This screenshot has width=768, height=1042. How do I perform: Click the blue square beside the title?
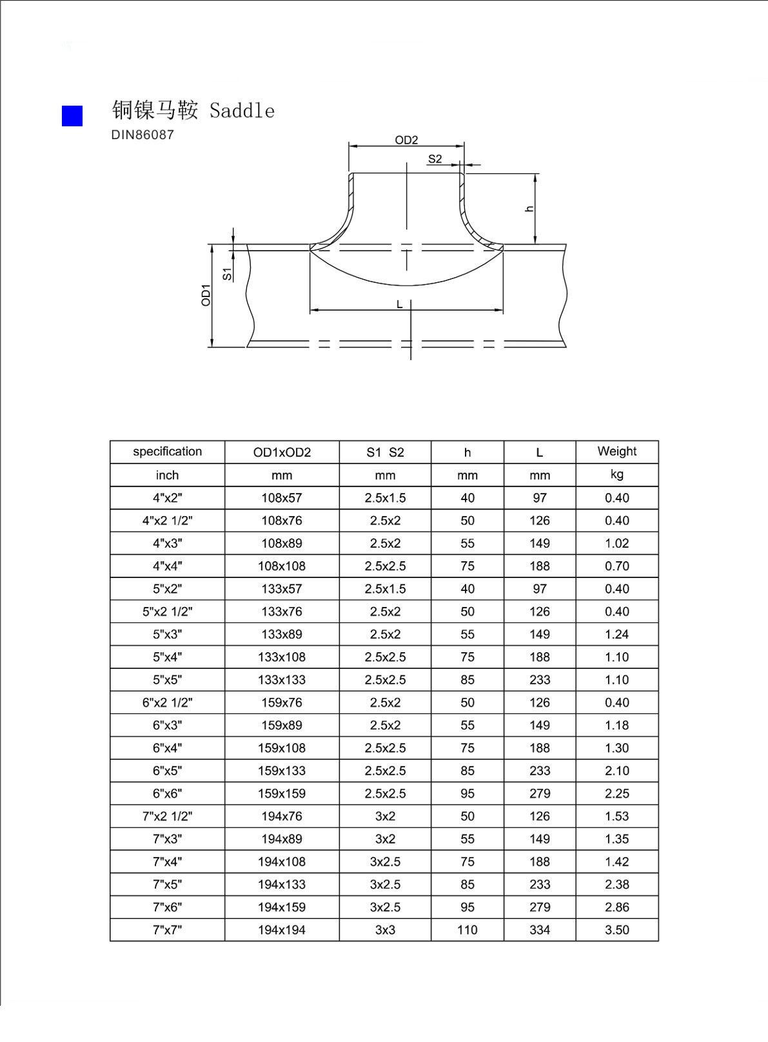click(x=72, y=116)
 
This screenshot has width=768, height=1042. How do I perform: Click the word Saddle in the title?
click(x=242, y=111)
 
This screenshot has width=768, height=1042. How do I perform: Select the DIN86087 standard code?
click(x=143, y=135)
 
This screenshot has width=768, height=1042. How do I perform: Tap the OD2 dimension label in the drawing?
click(x=406, y=140)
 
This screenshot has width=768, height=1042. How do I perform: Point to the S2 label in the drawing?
click(x=435, y=159)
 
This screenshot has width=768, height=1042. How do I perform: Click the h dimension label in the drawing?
click(x=529, y=209)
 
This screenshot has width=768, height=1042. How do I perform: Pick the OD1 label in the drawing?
click(x=206, y=295)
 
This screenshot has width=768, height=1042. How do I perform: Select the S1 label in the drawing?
click(x=227, y=274)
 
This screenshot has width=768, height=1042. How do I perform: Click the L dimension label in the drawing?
click(x=399, y=304)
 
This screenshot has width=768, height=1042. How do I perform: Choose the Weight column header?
click(x=616, y=451)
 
